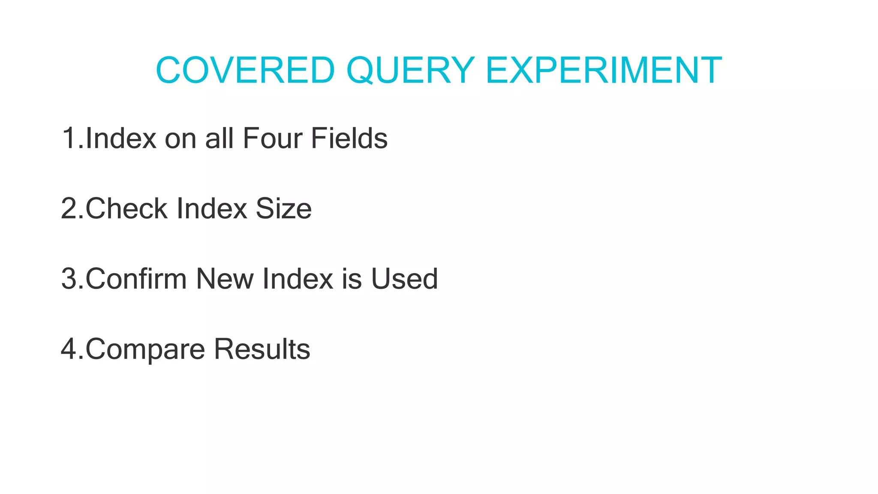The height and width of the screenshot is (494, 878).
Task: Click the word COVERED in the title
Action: (x=245, y=70)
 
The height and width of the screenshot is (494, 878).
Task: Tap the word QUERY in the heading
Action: (x=410, y=70)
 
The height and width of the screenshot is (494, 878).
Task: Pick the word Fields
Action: (x=349, y=138)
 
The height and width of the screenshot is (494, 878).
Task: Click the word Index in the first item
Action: (x=121, y=138)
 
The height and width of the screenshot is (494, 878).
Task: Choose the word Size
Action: (x=283, y=208)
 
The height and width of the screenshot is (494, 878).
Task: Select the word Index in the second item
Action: (x=212, y=208)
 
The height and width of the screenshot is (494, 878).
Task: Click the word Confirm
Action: (x=136, y=279)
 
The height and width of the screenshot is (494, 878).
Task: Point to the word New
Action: (x=225, y=279)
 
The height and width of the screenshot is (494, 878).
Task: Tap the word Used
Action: (x=404, y=279)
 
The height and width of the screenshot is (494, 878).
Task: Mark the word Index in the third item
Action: (x=298, y=279)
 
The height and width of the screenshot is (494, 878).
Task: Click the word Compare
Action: (x=145, y=349)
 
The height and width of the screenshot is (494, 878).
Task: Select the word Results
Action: (x=262, y=349)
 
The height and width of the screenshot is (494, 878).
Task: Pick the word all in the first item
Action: (x=219, y=138)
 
